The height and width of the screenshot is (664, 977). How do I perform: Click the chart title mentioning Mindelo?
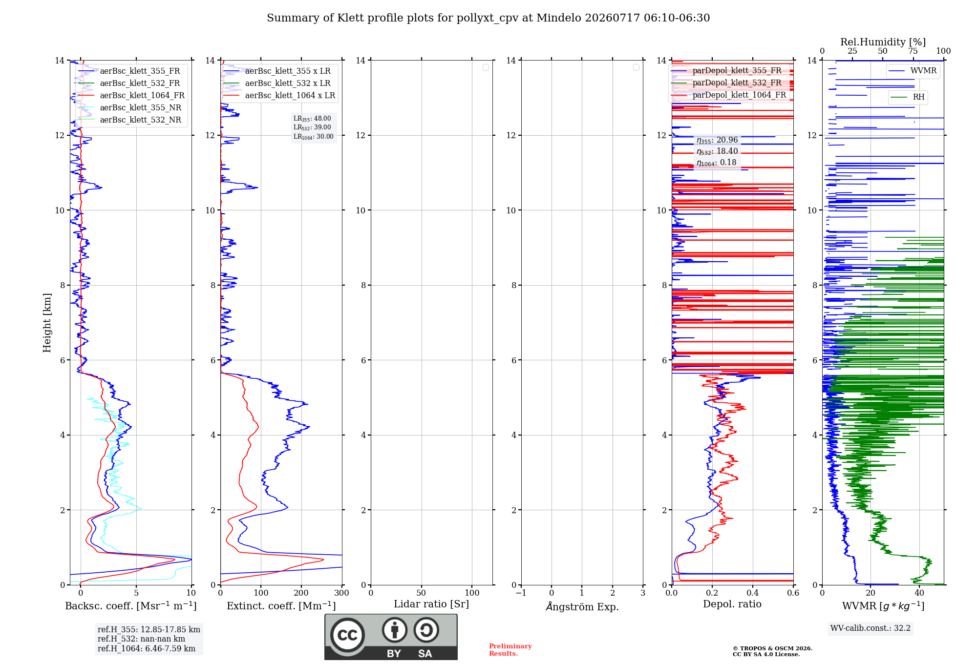point(488,18)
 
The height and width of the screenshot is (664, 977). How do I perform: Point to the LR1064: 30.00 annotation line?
point(314,137)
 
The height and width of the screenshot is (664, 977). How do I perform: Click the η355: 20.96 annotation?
point(717,140)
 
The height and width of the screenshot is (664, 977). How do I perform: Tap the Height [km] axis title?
point(47,323)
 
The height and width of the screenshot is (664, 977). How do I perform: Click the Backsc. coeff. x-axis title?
point(131,606)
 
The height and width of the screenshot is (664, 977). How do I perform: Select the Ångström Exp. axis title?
point(582,606)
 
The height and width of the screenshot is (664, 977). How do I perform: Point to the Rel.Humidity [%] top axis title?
point(883,42)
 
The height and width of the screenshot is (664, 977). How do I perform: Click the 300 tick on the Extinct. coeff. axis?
point(342,593)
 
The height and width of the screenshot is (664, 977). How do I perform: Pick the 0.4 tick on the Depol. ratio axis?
point(753,593)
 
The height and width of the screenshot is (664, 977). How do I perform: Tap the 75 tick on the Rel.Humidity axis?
point(913,51)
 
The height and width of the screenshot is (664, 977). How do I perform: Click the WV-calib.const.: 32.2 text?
point(871,628)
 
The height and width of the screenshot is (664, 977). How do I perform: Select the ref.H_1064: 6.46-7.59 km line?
point(147,648)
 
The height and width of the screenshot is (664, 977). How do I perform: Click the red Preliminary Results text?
point(510,650)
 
